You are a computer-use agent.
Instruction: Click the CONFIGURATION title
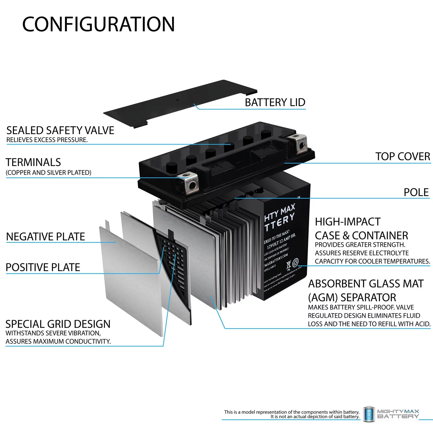pos(98,24)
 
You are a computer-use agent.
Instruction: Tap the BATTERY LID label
pos(275,102)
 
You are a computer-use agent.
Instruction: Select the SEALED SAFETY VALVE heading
pos(60,130)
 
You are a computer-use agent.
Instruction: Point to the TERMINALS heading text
pos(33,162)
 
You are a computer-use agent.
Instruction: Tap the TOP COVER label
pos(402,156)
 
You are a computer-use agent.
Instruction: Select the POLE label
pos(416,192)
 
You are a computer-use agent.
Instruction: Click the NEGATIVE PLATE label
pos(45,237)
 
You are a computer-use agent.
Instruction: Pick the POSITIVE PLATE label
pos(43,267)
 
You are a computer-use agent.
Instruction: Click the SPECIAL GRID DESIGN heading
pos(58,324)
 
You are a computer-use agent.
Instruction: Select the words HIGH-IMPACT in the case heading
pos(348,222)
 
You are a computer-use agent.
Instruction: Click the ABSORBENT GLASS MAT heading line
pos(366,284)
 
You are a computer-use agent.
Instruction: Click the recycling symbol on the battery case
pos(295,262)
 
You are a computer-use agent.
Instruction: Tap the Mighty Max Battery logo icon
pos(368,414)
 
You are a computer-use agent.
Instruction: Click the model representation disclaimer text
pos(292,414)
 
